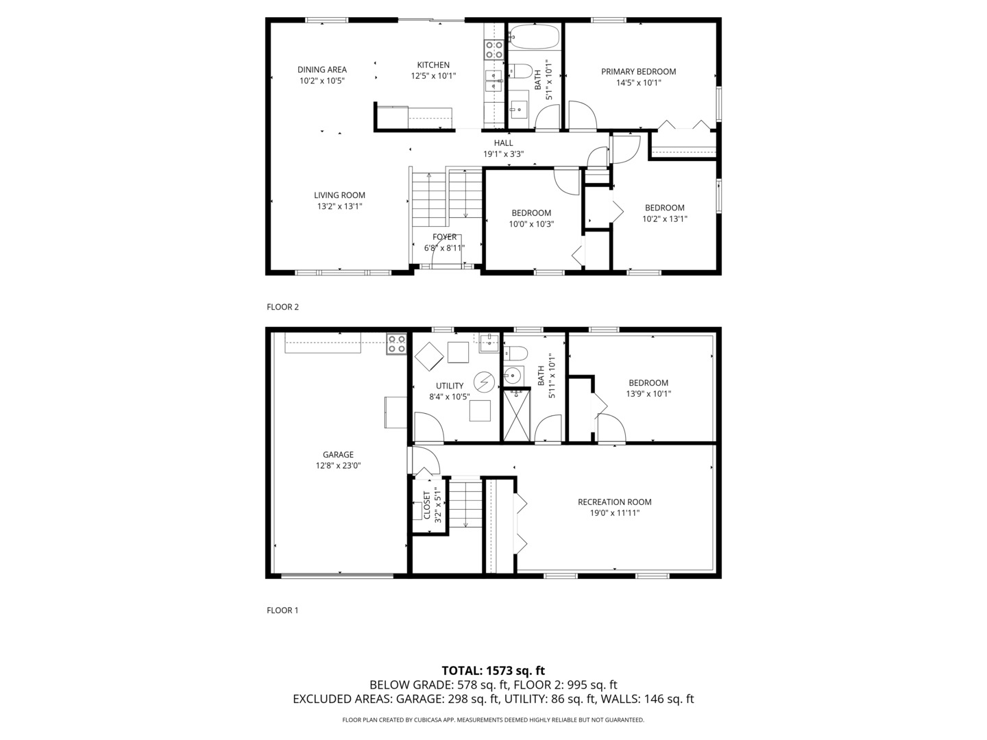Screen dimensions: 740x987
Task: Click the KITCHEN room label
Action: [x=433, y=65]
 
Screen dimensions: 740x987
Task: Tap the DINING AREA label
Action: [x=321, y=69]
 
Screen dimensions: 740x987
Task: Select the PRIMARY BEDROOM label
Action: [x=638, y=71]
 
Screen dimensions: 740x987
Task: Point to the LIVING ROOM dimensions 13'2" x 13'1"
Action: [x=339, y=206]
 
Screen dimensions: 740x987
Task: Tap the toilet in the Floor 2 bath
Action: [x=520, y=71]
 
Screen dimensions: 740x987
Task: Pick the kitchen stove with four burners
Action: [x=494, y=49]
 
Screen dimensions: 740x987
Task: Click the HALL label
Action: [x=503, y=143]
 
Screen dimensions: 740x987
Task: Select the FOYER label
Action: [x=444, y=237]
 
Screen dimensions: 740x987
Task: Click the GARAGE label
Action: [x=338, y=454]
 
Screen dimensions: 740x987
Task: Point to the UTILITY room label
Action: [x=450, y=386]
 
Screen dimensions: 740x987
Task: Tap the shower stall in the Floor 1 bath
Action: [x=517, y=415]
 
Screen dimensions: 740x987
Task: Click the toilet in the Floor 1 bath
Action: [x=516, y=354]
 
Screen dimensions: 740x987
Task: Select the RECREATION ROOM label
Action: [x=614, y=502]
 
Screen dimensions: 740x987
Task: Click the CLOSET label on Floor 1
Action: [x=427, y=505]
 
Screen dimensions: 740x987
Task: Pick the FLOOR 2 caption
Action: [x=282, y=307]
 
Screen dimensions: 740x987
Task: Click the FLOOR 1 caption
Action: [x=282, y=610]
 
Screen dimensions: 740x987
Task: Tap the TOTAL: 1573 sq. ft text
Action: [x=493, y=671]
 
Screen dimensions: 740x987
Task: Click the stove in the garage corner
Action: [x=395, y=343]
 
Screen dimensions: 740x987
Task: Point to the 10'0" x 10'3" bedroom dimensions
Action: [x=531, y=224]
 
